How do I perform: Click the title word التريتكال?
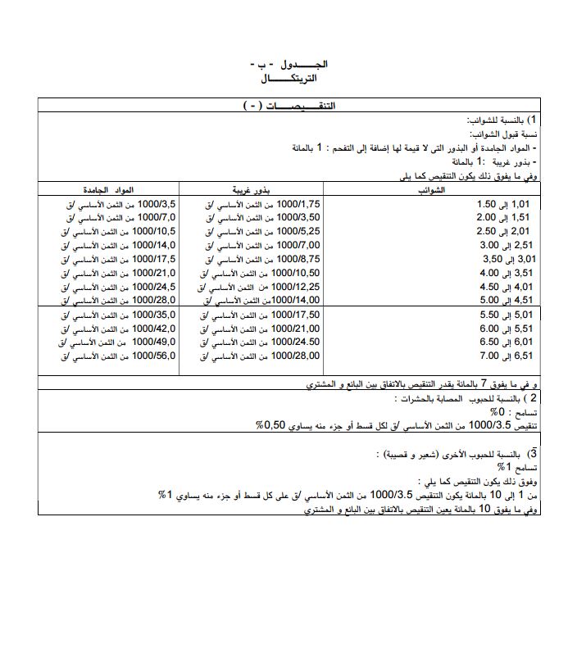288,79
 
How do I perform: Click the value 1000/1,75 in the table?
298,203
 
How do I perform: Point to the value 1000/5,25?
298,231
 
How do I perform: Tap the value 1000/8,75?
298,259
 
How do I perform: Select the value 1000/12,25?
296,287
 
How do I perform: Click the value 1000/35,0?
154,315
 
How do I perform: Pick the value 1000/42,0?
154,329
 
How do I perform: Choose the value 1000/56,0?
154,356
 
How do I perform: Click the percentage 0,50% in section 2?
270,426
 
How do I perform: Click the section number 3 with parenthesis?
533,453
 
